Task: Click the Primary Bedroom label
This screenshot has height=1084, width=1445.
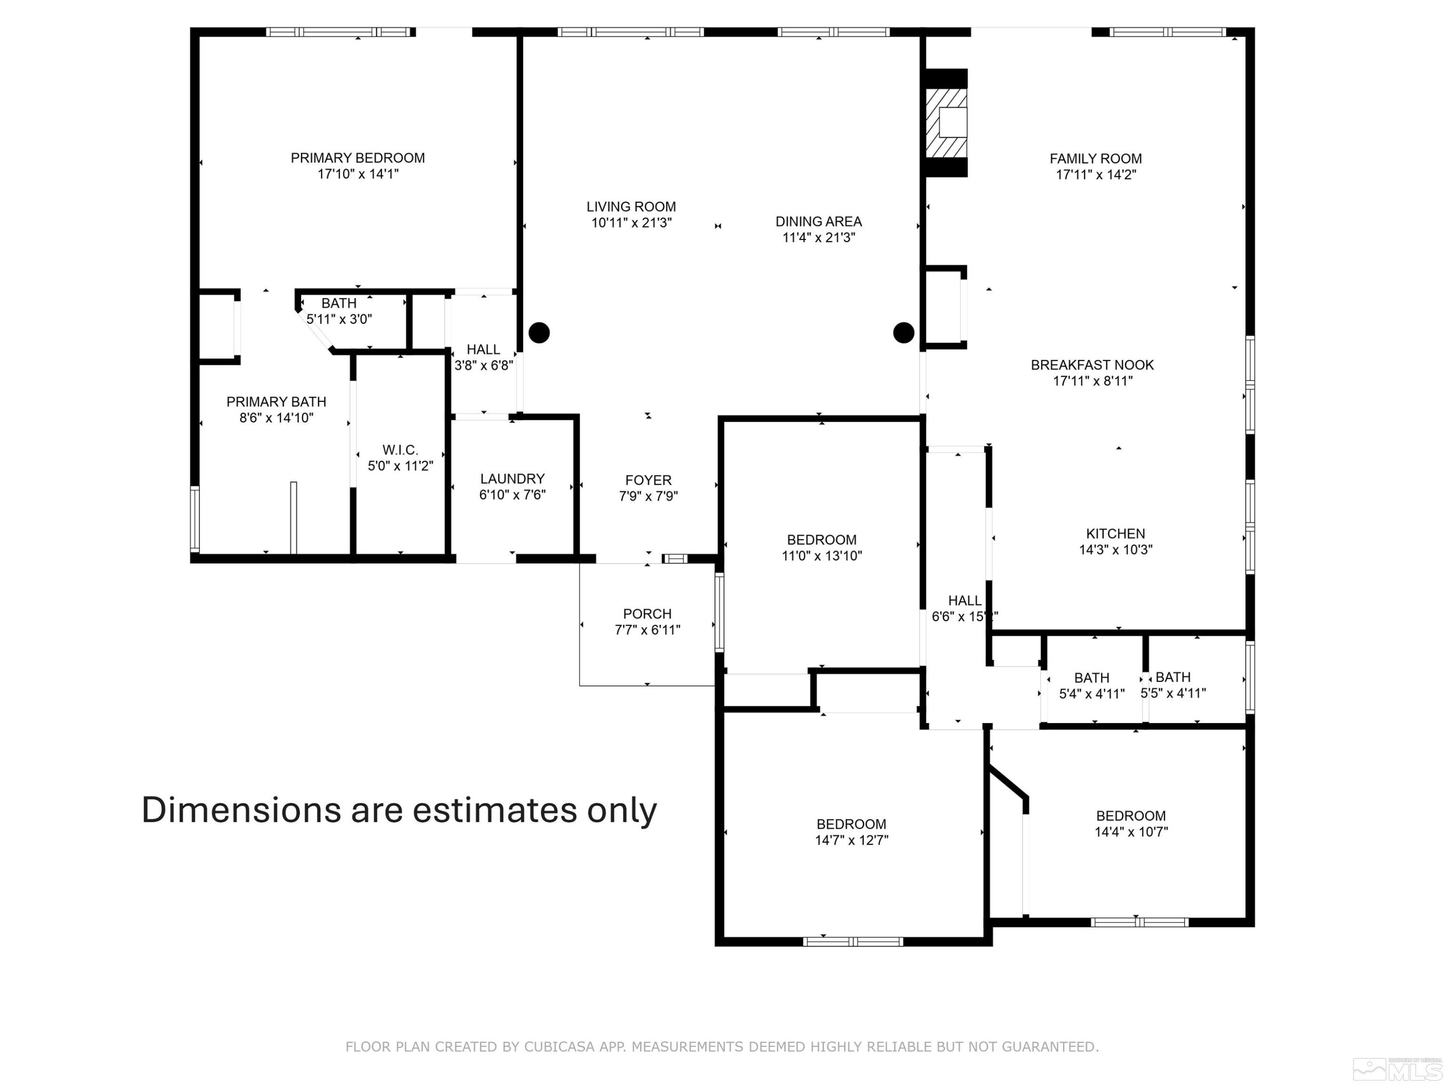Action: coord(357,158)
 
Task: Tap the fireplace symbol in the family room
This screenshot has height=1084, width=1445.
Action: coord(946,123)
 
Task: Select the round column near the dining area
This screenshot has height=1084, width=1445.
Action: coord(904,332)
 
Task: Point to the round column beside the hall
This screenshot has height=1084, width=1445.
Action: coord(539,332)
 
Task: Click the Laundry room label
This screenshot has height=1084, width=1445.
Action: coord(512,479)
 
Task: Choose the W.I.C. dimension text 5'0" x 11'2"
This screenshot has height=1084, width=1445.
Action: coord(400,466)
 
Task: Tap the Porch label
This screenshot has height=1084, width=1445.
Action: coord(647,614)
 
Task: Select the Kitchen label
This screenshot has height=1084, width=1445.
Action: coord(1116,534)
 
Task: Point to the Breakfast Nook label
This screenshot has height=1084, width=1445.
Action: coord(1092,365)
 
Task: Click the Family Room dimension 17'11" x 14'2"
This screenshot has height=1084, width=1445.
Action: coord(1096,175)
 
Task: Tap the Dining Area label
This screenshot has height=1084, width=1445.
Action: coord(818,222)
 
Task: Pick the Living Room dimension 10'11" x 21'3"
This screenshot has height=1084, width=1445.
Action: coord(631,223)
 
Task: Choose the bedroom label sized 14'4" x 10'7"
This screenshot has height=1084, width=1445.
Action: coord(1131,816)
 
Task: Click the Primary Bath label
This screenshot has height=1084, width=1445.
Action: coord(276,402)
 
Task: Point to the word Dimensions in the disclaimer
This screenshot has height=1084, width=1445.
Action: coord(241,810)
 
